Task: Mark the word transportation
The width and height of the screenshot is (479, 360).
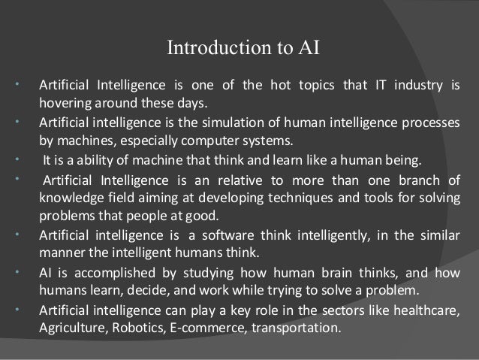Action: click(x=297, y=328)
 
